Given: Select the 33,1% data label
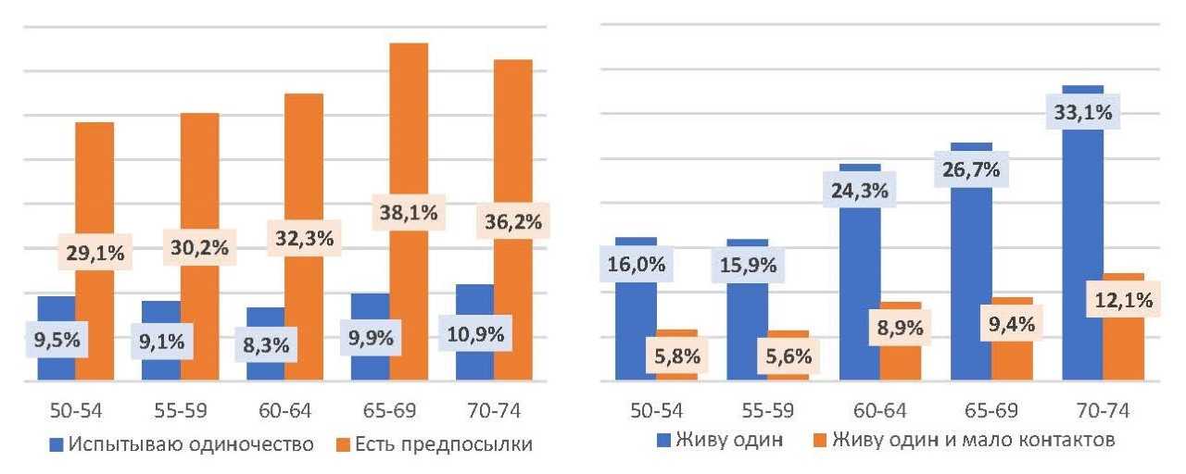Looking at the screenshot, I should pos(1082,113).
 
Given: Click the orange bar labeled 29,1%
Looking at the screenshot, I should pos(95,185).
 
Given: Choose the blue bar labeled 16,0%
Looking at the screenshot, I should pos(636,324).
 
